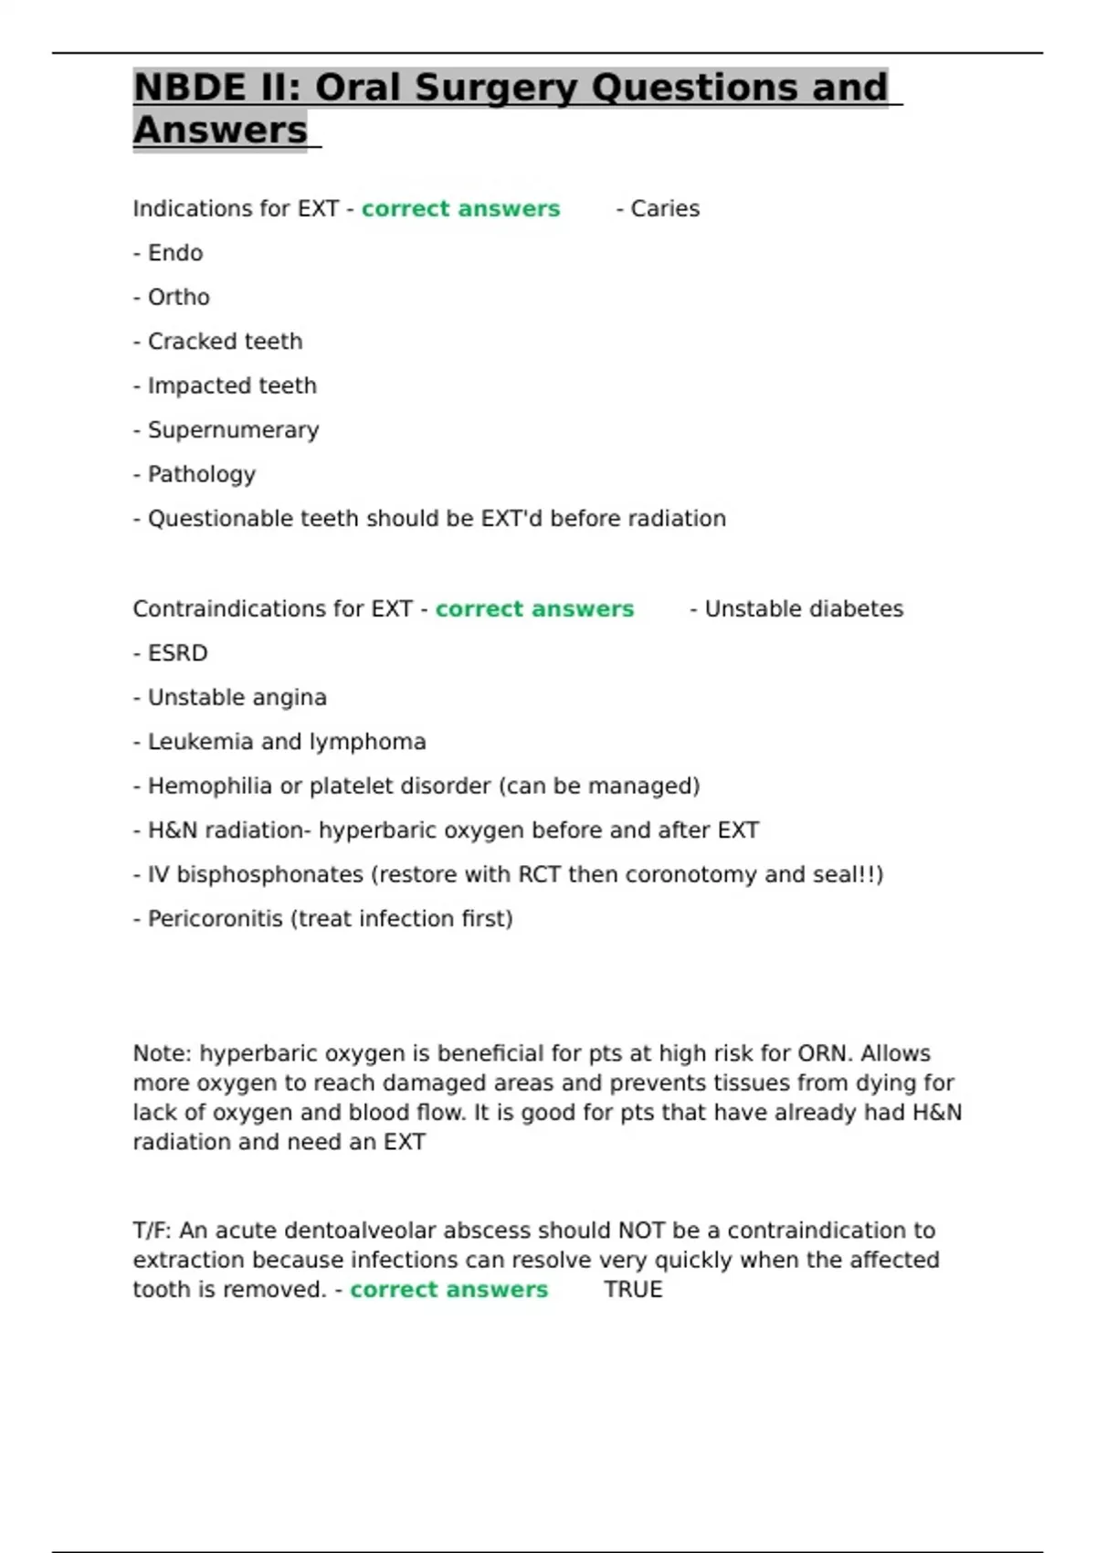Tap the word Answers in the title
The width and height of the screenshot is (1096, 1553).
[220, 131]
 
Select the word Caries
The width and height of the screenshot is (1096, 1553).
[665, 209]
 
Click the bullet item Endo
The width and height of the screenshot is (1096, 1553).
[174, 253]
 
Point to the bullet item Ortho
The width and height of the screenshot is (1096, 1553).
[178, 298]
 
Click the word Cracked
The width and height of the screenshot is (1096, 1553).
[188, 342]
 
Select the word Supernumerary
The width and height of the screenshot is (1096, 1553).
[233, 430]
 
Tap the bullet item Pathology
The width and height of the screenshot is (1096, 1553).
[201, 475]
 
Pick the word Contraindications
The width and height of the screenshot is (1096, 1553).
[247, 609]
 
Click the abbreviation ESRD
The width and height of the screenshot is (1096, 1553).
[177, 653]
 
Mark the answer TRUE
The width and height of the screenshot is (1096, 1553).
[633, 1290]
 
